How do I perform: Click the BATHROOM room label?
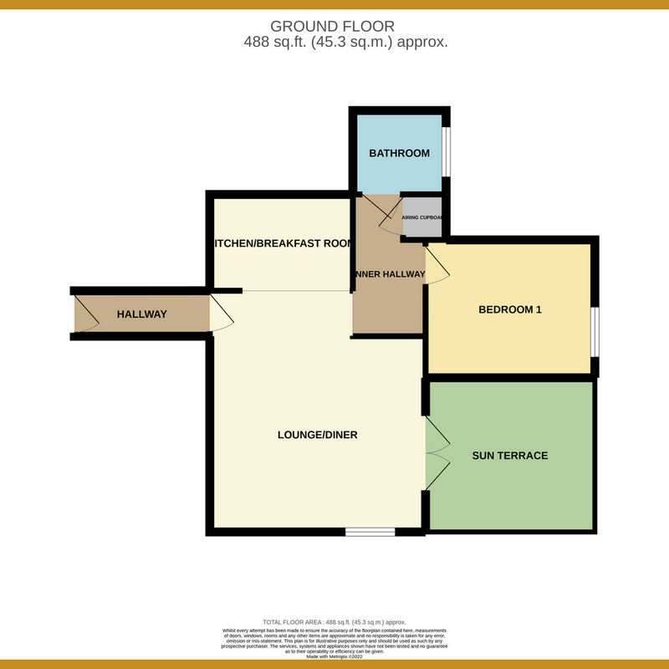[400, 153]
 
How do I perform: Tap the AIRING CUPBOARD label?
[422, 217]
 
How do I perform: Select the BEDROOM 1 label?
[510, 309]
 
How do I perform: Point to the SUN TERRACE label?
[510, 456]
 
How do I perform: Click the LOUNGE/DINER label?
[318, 435]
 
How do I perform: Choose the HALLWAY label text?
[141, 314]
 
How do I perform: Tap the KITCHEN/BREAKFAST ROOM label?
[281, 243]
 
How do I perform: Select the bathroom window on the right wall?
[447, 152]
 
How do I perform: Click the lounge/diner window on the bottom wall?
[370, 531]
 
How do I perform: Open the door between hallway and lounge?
[222, 314]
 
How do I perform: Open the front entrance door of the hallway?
[84, 314]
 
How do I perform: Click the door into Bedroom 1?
[436, 266]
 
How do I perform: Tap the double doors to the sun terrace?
[437, 455]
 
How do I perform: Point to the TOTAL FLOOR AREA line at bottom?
[334, 622]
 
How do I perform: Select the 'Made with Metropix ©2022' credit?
[334, 656]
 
